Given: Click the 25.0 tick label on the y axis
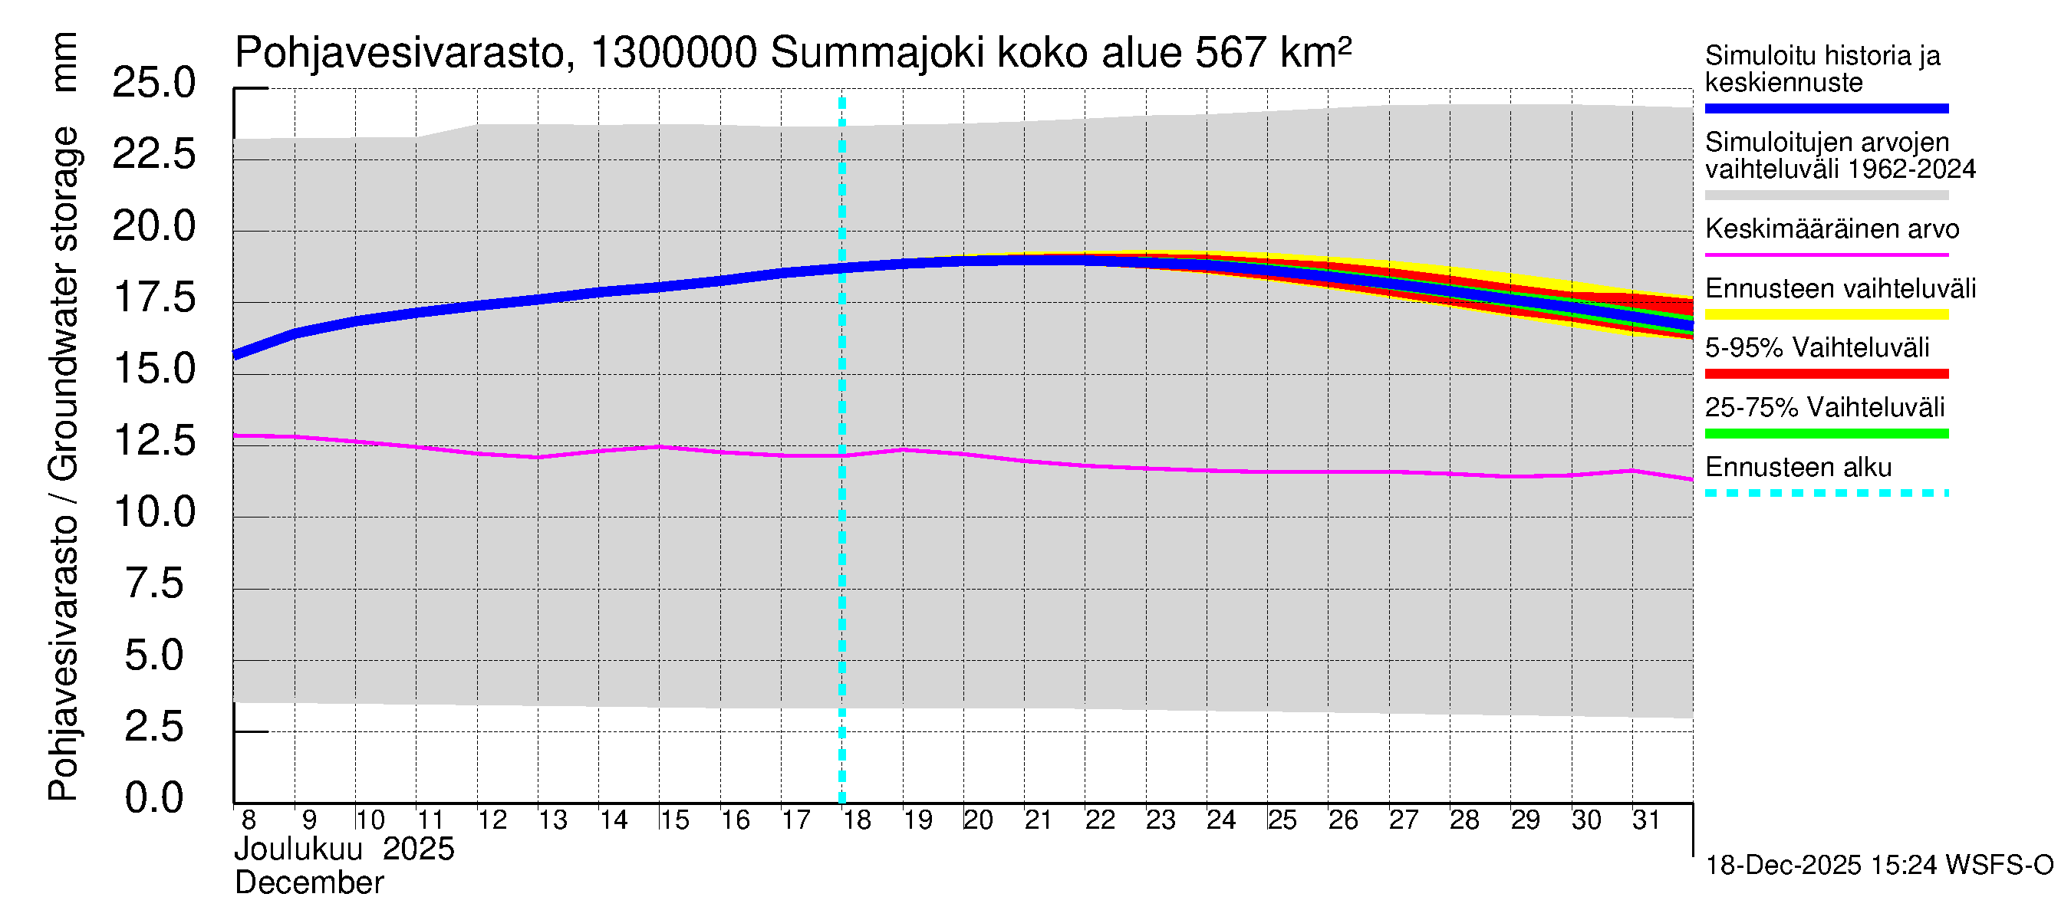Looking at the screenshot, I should (153, 84).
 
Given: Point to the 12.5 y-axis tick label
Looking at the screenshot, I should (153, 441).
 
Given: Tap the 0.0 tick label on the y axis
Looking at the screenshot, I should (153, 799).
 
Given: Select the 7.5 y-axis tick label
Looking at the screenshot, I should (153, 584).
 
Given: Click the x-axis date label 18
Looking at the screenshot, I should (856, 820).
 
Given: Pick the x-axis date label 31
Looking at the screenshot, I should (1646, 820).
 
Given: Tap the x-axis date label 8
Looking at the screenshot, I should (249, 820).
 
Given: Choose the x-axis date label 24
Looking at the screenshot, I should (1220, 820).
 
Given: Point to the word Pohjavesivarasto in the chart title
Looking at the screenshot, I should (400, 54).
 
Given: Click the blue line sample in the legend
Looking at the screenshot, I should (1826, 108).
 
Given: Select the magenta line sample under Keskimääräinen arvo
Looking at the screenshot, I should (1826, 255).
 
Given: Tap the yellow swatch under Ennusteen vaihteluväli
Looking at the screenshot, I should (1826, 314).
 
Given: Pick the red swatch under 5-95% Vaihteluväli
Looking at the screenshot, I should (1826, 373).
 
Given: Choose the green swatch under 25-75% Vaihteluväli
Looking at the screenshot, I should (1826, 434).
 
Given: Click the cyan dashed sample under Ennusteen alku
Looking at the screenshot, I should (1826, 493).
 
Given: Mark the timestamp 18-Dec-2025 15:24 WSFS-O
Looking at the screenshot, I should (1878, 866).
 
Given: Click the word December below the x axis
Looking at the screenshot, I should (308, 883).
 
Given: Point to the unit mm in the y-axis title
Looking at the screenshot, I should (64, 62).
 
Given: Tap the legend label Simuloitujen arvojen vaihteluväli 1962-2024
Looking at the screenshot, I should (1839, 156).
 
